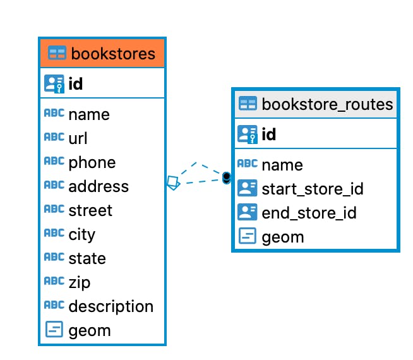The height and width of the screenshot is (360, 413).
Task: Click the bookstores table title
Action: coord(113,53)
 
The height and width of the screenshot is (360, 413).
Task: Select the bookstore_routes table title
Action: coord(327,104)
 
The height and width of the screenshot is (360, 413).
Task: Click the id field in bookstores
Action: coord(75,83)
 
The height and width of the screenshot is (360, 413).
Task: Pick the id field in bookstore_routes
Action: coord(268,134)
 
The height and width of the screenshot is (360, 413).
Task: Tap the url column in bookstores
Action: coord(78,138)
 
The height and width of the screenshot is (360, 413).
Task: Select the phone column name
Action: coord(92,162)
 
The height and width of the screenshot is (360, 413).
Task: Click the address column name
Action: coord(99,186)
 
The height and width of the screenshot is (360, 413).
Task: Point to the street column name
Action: coord(90,210)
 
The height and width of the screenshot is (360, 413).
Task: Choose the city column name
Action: coord(81,234)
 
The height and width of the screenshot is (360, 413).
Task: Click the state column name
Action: coord(87,258)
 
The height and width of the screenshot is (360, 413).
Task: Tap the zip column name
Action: coord(79,282)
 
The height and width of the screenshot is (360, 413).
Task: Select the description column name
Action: coord(111,306)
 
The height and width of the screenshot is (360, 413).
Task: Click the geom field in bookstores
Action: coord(89,330)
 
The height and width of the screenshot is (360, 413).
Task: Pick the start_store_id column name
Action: coord(312,189)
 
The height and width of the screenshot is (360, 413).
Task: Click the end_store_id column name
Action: coord(309,213)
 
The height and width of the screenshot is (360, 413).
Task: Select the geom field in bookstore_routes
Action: coord(282,237)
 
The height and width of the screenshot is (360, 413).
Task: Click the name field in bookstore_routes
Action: coord(282,165)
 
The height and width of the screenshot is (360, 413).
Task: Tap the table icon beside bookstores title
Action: coord(57,53)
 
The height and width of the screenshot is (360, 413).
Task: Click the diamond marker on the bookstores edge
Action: coord(173,183)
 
